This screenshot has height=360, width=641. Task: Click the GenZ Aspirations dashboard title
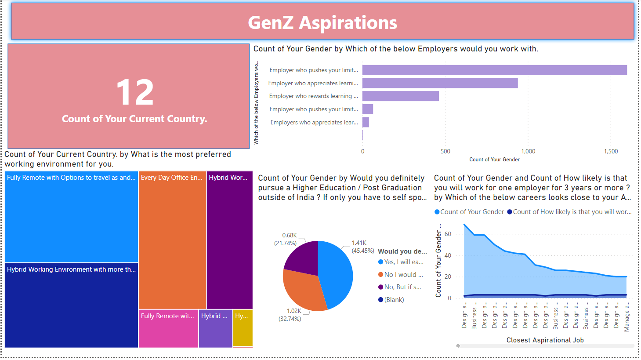click(322, 23)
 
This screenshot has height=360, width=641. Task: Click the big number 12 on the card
click(135, 92)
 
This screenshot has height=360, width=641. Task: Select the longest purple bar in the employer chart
click(494, 70)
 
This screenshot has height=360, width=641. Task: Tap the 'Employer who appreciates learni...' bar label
click(313, 83)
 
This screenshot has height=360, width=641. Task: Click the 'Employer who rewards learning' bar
click(400, 96)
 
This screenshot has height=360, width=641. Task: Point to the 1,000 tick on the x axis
click(528, 151)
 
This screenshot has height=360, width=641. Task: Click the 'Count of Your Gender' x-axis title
click(494, 160)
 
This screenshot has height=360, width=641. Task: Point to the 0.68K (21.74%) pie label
click(286, 239)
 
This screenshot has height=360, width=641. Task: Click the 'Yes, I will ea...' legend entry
click(403, 262)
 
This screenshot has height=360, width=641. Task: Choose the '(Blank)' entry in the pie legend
click(394, 300)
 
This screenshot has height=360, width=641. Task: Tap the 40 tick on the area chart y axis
click(448, 255)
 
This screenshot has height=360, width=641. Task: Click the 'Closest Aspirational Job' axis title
click(545, 340)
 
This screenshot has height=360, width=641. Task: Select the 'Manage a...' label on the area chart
click(627, 316)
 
